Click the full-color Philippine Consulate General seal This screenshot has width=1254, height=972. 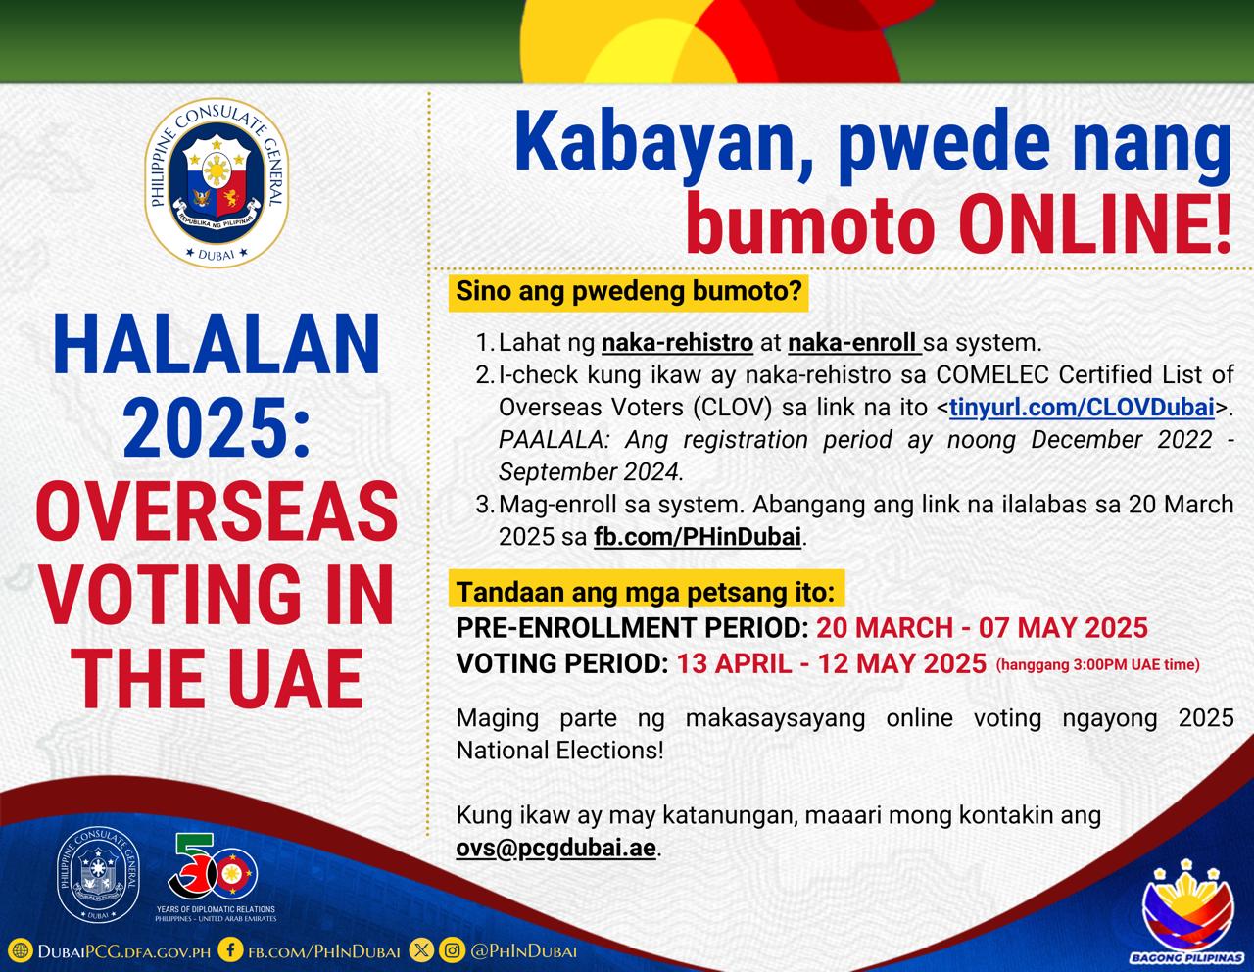pos(217,182)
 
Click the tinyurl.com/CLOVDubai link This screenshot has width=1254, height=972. pos(1082,408)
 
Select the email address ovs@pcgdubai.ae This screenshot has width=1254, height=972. pos(556,848)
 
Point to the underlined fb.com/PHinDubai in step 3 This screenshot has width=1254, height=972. pos(698,537)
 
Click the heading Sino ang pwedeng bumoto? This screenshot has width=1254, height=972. pos(629,291)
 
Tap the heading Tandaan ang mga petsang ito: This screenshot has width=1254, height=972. pos(646,592)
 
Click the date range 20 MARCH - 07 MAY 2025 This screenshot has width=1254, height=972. pos(983,628)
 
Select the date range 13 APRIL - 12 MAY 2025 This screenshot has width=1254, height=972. pos(831,663)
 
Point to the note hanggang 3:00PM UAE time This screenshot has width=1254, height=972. pos(1097,665)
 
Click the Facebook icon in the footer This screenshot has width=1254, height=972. pos(230,949)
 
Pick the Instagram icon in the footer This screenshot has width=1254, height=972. pos(452,949)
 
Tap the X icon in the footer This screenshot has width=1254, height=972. pos(420,949)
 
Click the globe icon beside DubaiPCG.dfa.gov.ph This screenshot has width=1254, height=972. pos(21,950)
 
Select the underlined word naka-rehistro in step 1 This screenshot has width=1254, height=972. pos(678,343)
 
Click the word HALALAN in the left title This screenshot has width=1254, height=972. pos(217,344)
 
